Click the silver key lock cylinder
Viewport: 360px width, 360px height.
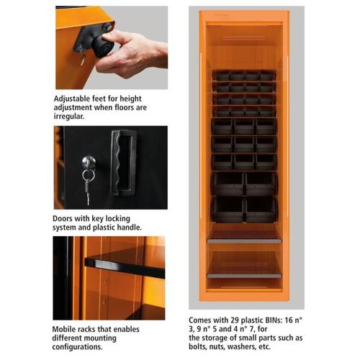[88, 162]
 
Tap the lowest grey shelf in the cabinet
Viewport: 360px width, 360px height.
[244, 274]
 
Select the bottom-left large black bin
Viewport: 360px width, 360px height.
[228, 209]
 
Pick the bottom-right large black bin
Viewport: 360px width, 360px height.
[261, 209]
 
